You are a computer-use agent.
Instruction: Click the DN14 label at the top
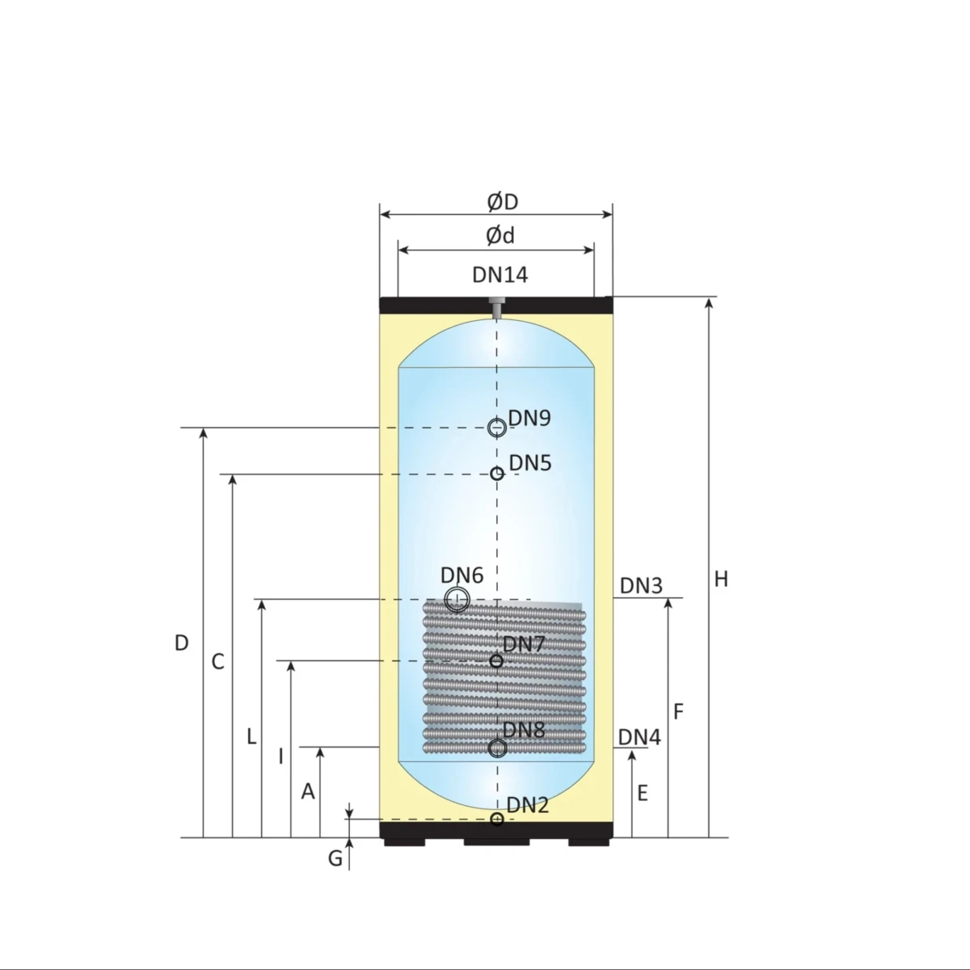pos(500,275)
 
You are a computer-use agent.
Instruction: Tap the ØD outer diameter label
pos(502,200)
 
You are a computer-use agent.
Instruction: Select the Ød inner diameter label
pos(500,235)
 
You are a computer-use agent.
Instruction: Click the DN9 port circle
pos(496,428)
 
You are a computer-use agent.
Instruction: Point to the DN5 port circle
pos(497,474)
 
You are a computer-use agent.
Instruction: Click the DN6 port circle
pos(457,599)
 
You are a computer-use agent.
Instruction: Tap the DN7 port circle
pos(497,661)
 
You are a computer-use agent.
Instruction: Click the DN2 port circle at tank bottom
pos(497,820)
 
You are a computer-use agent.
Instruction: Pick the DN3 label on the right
pos(641,585)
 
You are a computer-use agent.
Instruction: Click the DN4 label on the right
pos(639,737)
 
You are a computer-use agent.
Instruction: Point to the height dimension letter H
pos(721,579)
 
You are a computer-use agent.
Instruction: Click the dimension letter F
pos(679,711)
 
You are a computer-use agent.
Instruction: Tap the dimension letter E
pos(643,793)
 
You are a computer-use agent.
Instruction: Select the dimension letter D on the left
pos(182,643)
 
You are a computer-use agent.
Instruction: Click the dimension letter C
pos(217,662)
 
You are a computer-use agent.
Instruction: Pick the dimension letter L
pos(251,737)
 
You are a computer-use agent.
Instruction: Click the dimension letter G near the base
pos(335,858)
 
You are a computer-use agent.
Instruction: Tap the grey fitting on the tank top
pos(496,306)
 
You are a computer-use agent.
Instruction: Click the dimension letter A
pos(308,792)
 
